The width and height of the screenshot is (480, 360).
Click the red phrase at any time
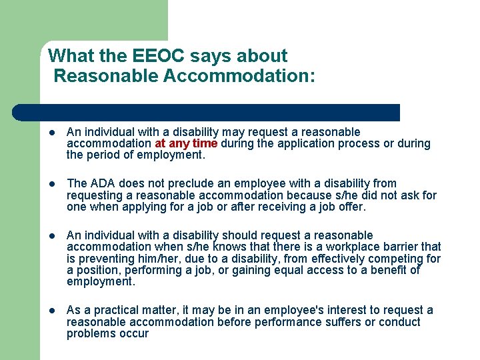click(186, 143)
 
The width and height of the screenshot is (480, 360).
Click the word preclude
click(172, 183)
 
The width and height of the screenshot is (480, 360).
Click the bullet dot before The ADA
click(53, 184)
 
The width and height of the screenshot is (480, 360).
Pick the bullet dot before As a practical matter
click(53, 311)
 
